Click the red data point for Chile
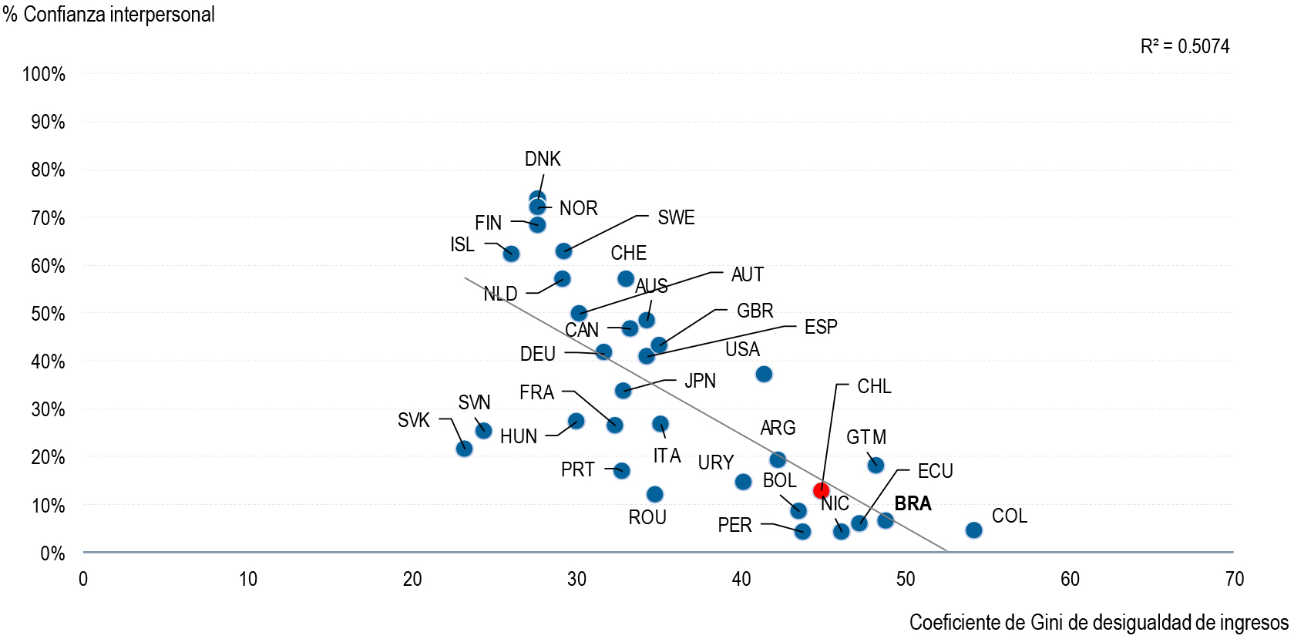coord(821,490)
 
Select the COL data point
coord(973,530)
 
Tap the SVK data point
coord(464,449)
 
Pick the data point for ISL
coord(511,254)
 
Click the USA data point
coord(764,375)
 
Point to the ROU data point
coord(655,494)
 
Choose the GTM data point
coord(876,465)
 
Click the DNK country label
coord(543,160)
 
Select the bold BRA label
coord(913,504)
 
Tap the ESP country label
coord(821,328)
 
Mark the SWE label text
coord(676,218)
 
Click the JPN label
coord(700,382)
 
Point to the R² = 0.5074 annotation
coord(1185,47)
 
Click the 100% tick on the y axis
coord(44,75)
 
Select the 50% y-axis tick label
coord(48,314)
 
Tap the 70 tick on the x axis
coord(1234,580)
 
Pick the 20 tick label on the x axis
coord(412,580)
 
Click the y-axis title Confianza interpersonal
coord(109,15)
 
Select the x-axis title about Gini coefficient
coord(1098,623)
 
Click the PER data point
coord(802,531)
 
